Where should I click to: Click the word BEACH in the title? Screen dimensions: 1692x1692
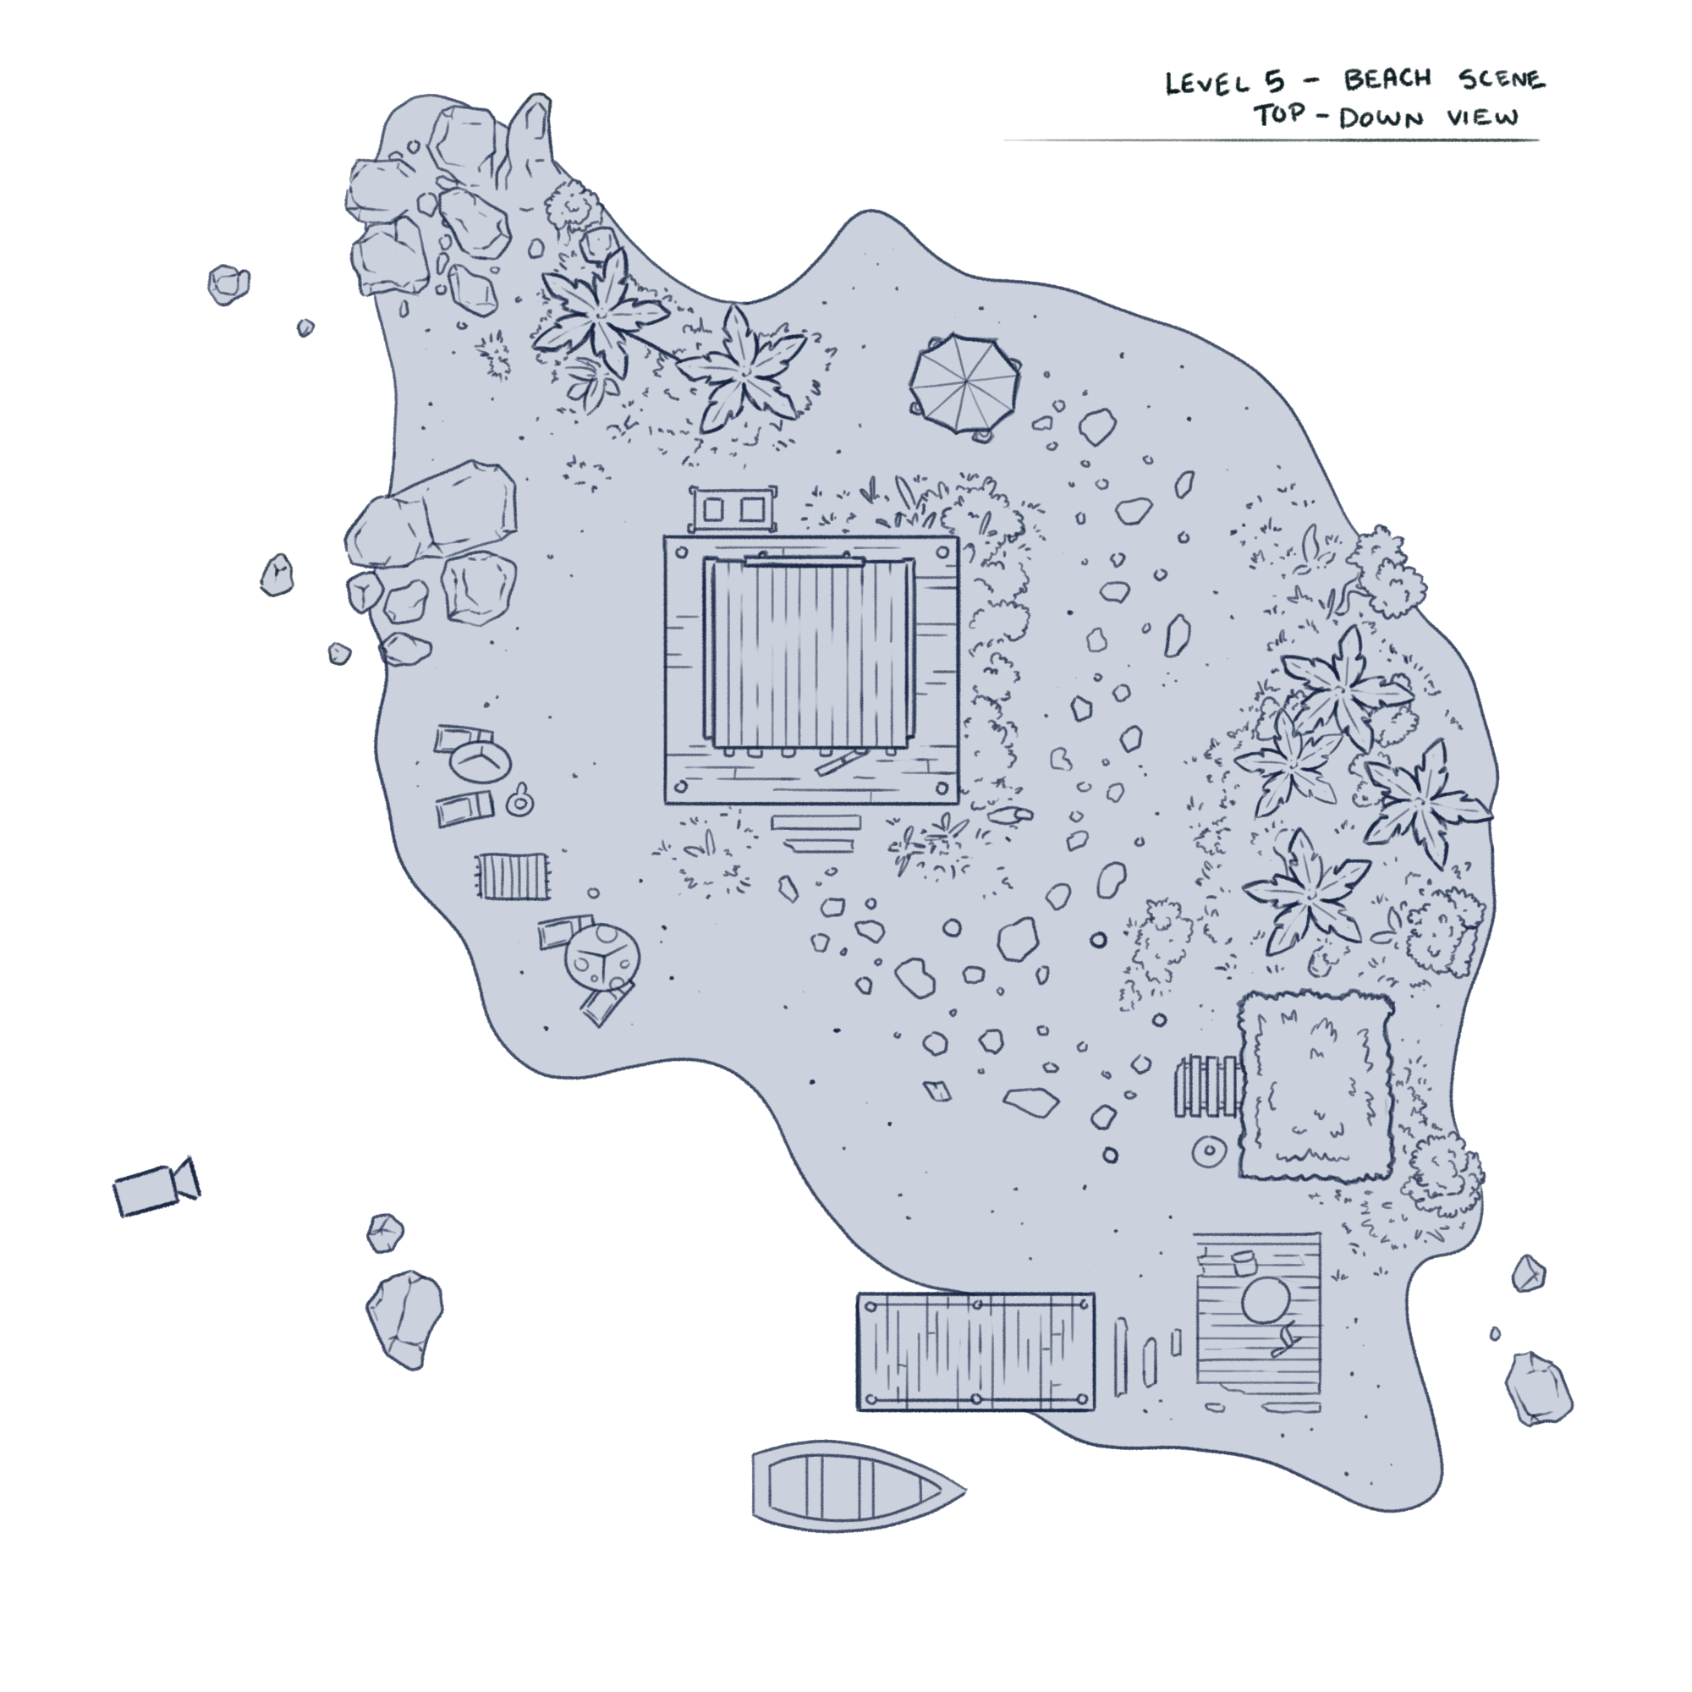[x=1387, y=80]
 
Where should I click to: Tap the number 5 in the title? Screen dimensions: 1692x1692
[x=1274, y=82]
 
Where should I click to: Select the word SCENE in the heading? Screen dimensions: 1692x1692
[x=1501, y=79]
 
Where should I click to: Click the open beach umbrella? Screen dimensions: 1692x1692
[x=964, y=382]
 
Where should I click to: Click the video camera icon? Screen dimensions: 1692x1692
[x=156, y=1188]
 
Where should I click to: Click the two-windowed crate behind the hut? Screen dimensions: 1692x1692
[x=732, y=508]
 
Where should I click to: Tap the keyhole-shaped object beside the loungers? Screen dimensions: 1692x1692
[x=520, y=800]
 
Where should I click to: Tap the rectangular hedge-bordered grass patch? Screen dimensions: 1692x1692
[x=1315, y=1085]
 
